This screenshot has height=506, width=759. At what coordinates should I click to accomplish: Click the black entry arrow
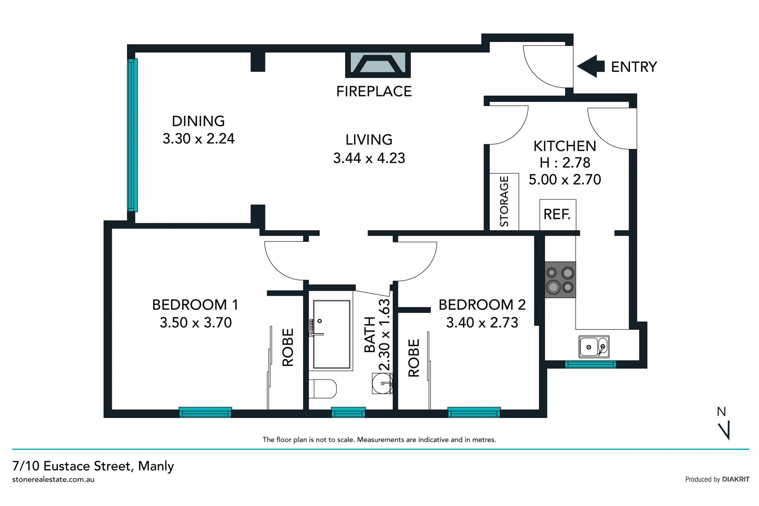591,66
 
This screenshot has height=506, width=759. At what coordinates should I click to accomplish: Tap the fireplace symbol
378,64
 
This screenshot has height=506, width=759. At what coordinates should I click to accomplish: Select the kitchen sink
594,347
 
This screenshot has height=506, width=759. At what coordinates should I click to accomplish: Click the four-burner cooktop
560,279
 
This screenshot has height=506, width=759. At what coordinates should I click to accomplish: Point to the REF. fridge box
558,215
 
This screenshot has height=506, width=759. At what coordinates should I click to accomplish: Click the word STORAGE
504,201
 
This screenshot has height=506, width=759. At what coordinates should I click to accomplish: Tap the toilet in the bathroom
322,389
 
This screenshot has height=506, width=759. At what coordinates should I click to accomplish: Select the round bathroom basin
382,383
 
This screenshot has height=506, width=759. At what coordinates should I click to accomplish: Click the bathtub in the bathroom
331,335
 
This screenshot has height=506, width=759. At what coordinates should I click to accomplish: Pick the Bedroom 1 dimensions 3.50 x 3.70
196,322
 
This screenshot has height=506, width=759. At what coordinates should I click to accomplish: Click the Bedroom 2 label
482,305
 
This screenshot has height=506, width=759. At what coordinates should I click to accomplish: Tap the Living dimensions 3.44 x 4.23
369,158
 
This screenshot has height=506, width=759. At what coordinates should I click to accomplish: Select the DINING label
198,121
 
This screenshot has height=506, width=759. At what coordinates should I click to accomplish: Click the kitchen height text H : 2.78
565,163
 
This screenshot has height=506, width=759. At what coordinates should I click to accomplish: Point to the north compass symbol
723,423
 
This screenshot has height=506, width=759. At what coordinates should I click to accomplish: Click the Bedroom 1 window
205,412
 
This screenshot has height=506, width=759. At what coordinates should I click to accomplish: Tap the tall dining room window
132,135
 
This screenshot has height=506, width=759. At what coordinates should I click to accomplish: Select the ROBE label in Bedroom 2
413,358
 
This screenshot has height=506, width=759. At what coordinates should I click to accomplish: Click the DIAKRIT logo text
736,479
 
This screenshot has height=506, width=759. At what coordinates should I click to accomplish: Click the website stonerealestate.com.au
53,479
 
